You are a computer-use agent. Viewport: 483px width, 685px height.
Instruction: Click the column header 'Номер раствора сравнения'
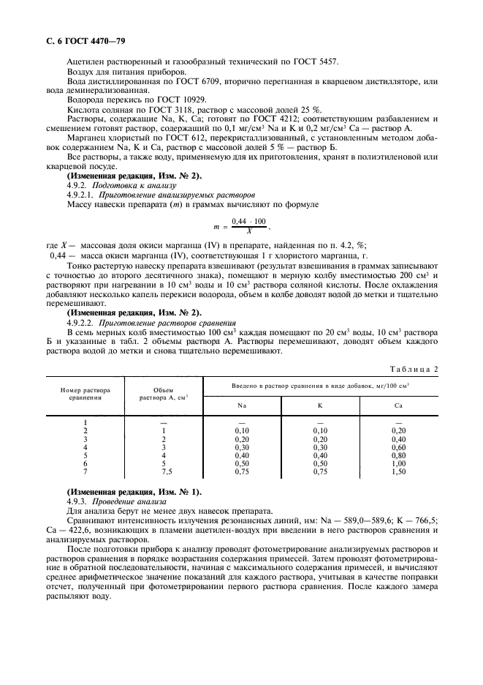click(x=85, y=393)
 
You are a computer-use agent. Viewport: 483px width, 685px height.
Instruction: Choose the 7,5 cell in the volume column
click(x=164, y=472)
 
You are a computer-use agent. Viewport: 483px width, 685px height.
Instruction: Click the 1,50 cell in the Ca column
click(x=398, y=472)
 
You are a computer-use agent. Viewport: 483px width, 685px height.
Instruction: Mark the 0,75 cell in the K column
click(x=319, y=472)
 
